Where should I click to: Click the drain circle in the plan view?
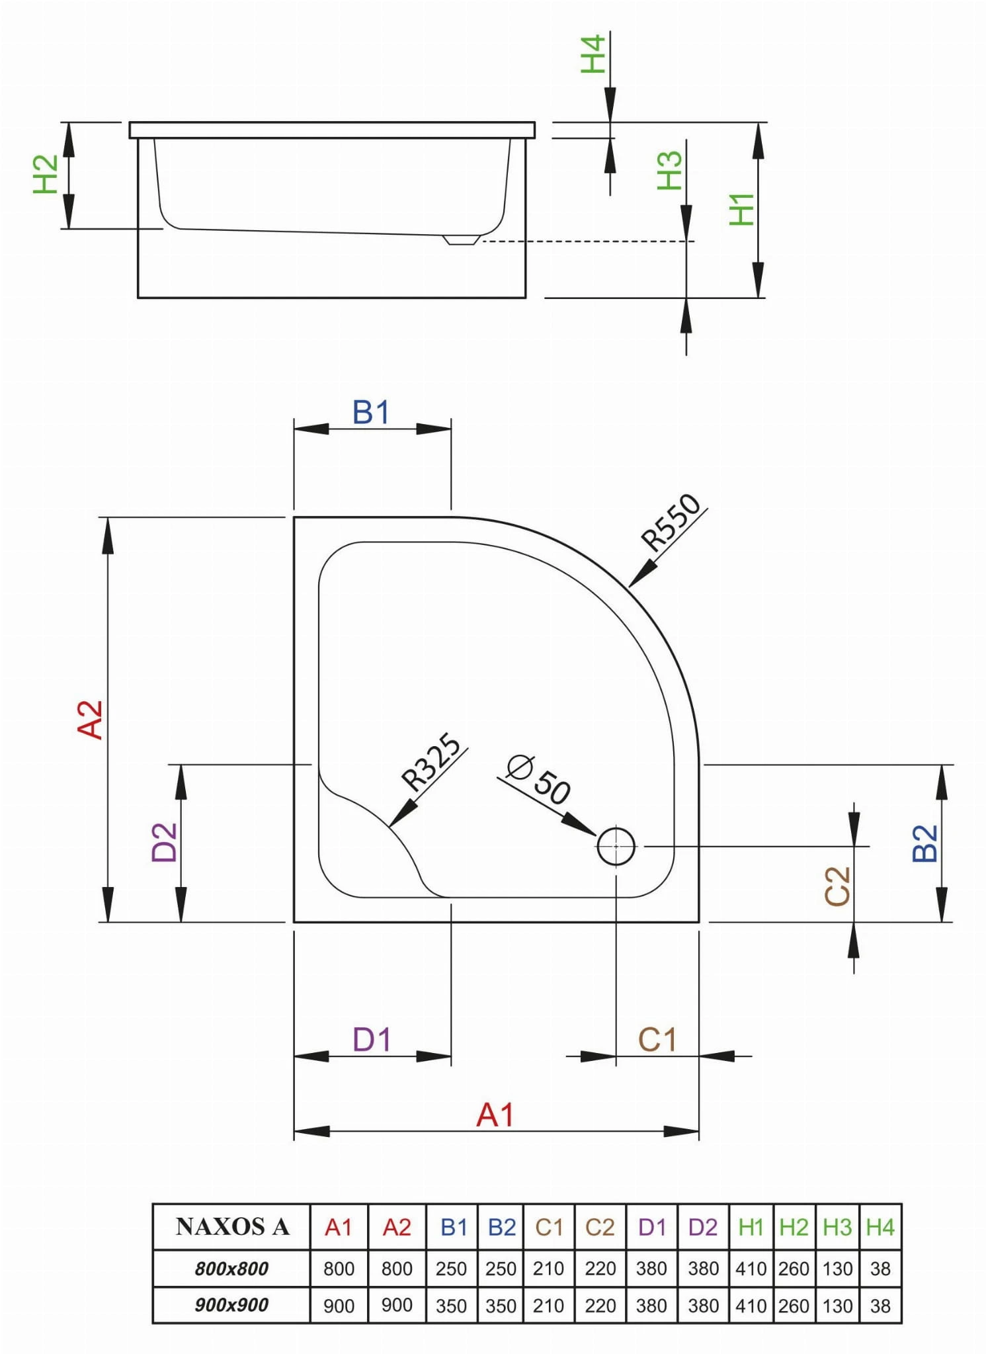click(x=616, y=845)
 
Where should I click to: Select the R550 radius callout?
click(x=671, y=522)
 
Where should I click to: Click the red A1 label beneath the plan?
click(x=495, y=1115)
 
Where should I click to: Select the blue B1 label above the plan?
click(x=370, y=413)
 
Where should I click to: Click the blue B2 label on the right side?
click(x=925, y=843)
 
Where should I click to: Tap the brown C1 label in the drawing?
click(x=657, y=1040)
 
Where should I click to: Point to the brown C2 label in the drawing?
click(x=837, y=886)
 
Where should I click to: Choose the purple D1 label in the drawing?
click(x=372, y=1040)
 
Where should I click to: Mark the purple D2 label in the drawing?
click(x=165, y=842)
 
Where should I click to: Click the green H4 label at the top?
click(x=593, y=54)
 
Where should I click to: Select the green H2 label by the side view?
click(x=46, y=174)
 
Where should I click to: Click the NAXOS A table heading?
click(x=232, y=1227)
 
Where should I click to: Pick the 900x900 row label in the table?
click(x=231, y=1305)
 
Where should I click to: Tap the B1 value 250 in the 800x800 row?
click(x=451, y=1269)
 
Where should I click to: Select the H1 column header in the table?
click(x=751, y=1228)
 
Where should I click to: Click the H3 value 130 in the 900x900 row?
click(x=837, y=1306)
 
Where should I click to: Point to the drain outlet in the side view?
click(x=461, y=239)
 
